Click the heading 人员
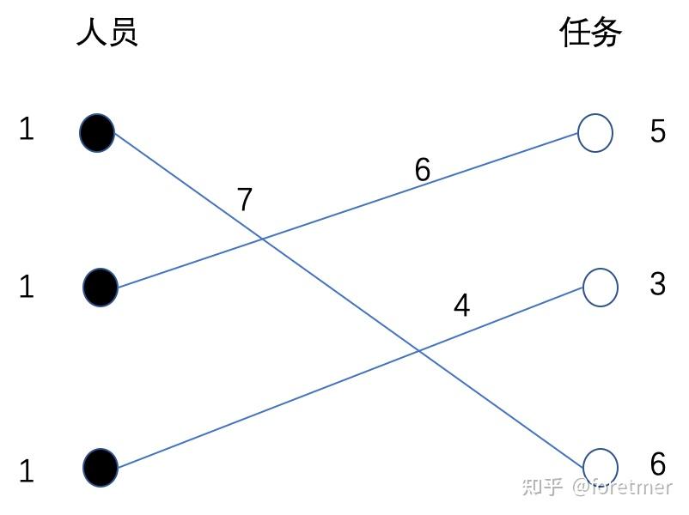coord(107,33)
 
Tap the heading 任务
coord(590,33)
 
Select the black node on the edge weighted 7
coord(96,133)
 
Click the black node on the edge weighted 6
coord(100,287)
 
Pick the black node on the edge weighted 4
coord(100,467)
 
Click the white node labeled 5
coord(594,133)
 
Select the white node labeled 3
coord(600,287)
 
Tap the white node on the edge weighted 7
coord(600,467)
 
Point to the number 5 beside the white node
coord(657,131)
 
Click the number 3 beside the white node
coord(657,283)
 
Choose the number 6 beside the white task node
coord(657,464)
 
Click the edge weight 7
coord(245,200)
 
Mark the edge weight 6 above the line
coord(422,170)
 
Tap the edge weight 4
coord(461,306)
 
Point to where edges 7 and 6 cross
coord(262,238)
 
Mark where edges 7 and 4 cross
coord(418,350)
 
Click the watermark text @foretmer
coord(622,487)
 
